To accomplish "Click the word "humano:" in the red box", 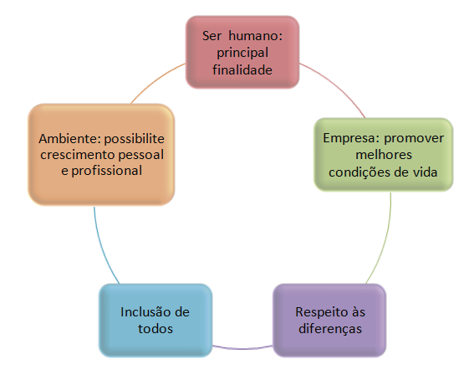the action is pos(256,36).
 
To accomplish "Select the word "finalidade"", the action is pos(242,70).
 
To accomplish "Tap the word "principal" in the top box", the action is pos(242,54).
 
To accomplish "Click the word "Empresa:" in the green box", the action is pos(351,139).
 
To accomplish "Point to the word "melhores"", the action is pos(384,155).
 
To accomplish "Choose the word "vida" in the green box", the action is pos(426,172).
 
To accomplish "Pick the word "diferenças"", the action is pos(330,329).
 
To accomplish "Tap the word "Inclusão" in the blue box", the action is pos(143,312).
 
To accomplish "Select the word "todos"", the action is pos(155,329).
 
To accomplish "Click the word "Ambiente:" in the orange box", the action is pos(69,139).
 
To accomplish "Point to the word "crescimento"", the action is pos(78,155).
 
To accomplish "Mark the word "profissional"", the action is pos(107,172).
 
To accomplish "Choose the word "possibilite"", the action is pos(135,140).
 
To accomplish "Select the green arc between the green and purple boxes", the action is pos(385,240).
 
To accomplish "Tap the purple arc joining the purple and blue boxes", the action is pos(242,348).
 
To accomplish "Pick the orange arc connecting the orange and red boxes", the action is pos(156,80).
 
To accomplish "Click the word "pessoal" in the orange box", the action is pos(141,156).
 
